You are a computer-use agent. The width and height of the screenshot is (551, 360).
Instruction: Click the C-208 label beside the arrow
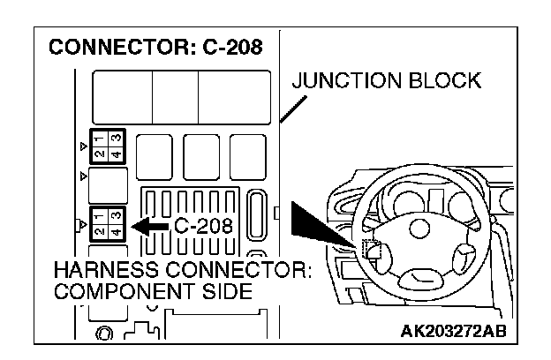(x=203, y=226)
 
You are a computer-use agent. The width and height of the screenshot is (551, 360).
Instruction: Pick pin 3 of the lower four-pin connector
(x=114, y=215)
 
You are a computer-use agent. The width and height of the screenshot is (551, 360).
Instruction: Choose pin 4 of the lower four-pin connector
(x=114, y=232)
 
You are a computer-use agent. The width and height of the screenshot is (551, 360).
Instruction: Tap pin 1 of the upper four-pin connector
(x=98, y=137)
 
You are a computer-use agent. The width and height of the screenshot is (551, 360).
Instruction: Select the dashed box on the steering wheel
(x=371, y=251)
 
